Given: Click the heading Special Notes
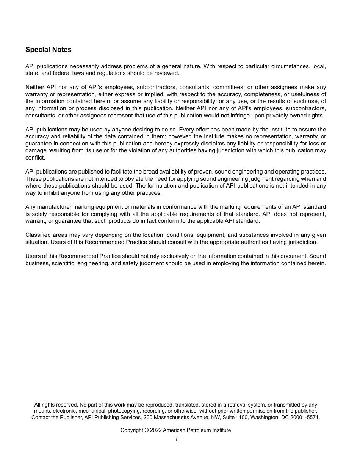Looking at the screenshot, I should point(48,50).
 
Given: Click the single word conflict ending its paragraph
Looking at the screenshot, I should point(35,158).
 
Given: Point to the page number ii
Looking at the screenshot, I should point(176,439).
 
